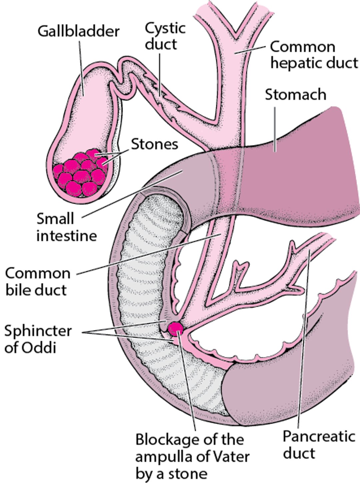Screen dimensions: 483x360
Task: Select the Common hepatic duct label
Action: pyautogui.click(x=313, y=55)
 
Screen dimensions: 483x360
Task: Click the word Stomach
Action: pyautogui.click(x=295, y=95)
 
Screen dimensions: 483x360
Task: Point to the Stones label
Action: pyautogui.click(x=154, y=144)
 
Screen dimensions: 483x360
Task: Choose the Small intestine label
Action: pyautogui.click(x=66, y=227)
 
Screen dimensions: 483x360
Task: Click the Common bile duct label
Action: pyautogui.click(x=37, y=281)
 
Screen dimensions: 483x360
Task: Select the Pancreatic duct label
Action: pyautogui.click(x=318, y=444)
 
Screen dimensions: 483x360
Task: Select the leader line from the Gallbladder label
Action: pyautogui.click(x=81, y=67)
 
